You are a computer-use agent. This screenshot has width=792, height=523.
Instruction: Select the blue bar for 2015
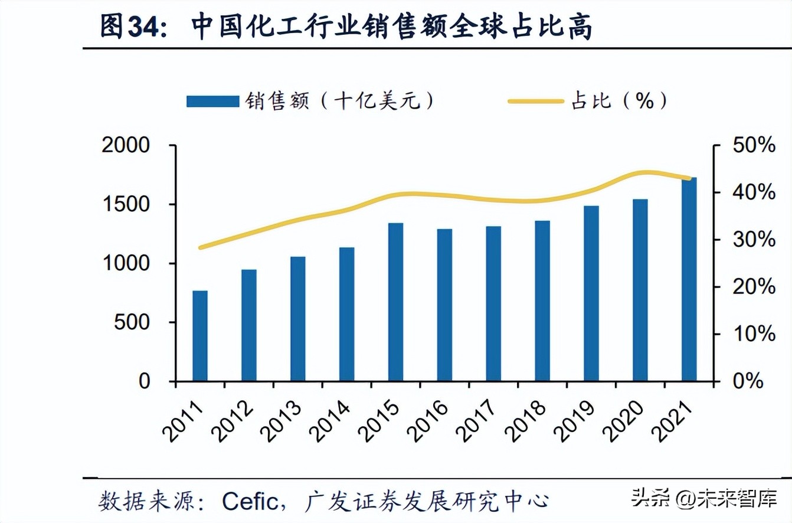396,302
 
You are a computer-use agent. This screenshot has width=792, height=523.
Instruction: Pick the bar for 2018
542,300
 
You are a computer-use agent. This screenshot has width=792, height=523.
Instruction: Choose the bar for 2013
298,319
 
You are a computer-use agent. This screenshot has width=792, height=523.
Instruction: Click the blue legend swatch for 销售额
212,102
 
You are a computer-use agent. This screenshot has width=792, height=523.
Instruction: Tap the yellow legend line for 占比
536,102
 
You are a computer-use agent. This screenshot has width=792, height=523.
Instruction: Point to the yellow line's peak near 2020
646,173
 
